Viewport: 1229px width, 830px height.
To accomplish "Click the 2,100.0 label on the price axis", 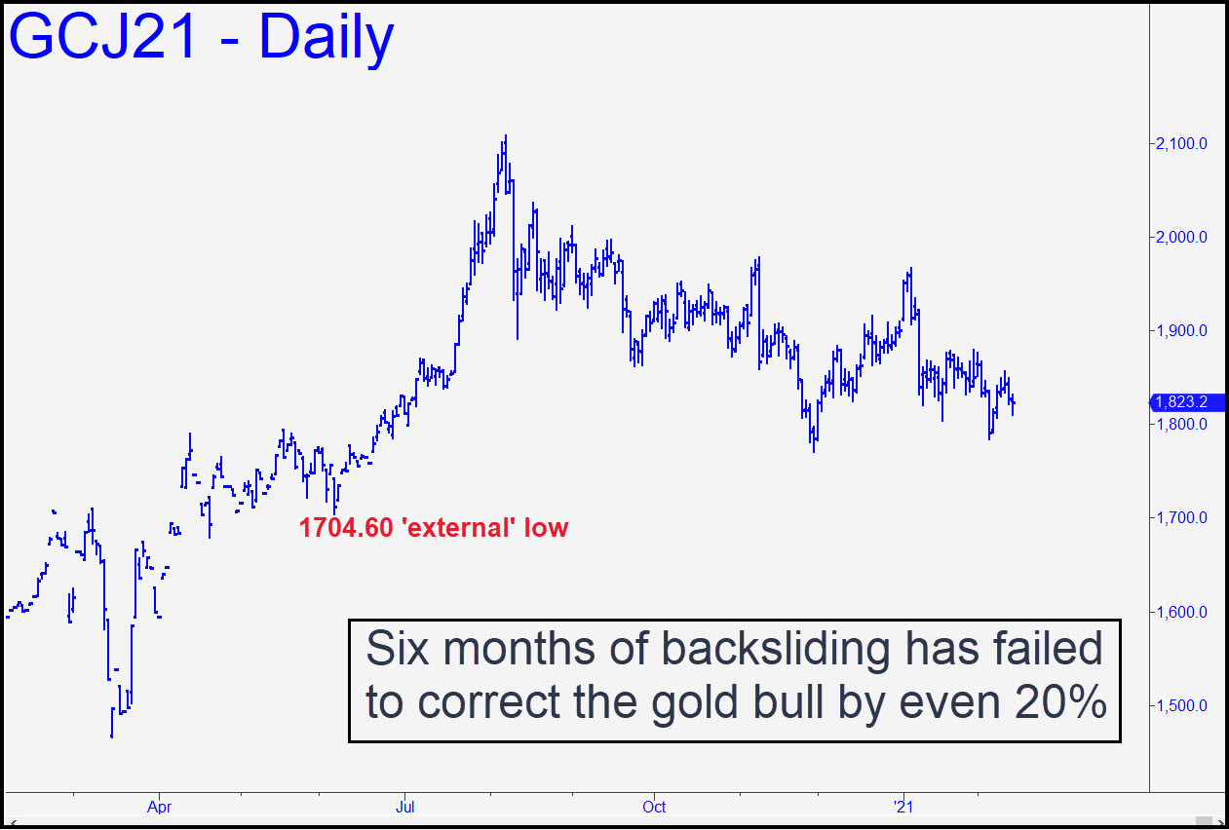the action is (1180, 144).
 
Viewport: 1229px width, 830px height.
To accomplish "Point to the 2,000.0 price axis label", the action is (1180, 237).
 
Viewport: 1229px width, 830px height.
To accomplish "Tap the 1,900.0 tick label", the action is (1180, 331).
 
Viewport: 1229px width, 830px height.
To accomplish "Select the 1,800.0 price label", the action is (1180, 424).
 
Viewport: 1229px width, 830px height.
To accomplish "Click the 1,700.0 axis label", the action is (1180, 517).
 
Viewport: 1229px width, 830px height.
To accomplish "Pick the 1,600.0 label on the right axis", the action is (1180, 612).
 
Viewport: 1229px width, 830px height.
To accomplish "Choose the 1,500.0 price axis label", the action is (1180, 705).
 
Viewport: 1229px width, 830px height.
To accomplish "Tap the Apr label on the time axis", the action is (160, 807).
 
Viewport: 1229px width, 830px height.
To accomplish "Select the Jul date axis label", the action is (404, 807).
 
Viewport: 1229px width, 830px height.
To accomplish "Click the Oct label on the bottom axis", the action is (654, 807).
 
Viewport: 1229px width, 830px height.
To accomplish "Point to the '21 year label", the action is (903, 807).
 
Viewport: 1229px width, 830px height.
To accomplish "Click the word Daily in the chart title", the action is (326, 38).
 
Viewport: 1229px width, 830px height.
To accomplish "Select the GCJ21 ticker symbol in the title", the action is (102, 36).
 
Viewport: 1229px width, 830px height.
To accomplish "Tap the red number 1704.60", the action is (346, 528).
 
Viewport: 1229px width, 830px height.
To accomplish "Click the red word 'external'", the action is (459, 528).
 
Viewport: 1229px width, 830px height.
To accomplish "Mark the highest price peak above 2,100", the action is (505, 136).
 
